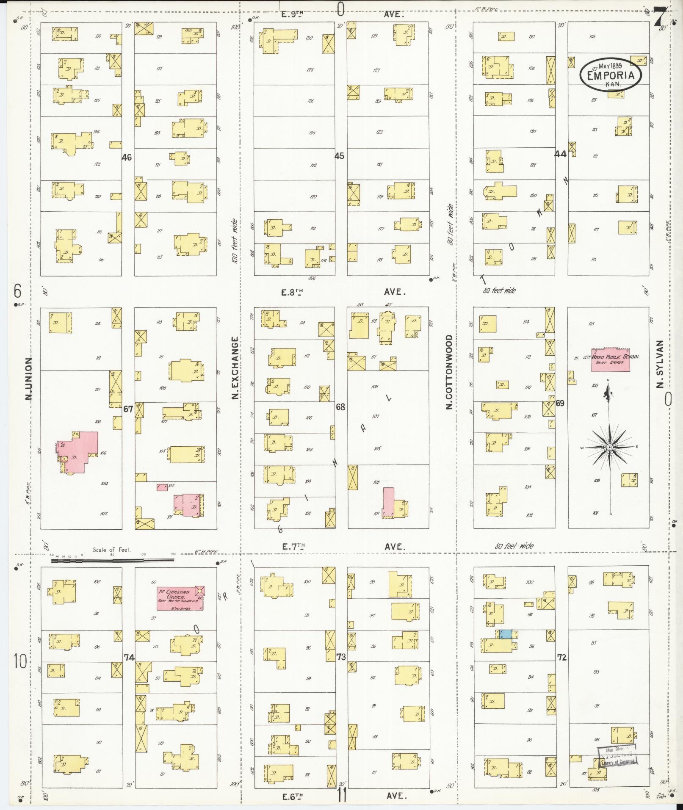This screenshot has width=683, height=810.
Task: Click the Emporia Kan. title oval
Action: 610,75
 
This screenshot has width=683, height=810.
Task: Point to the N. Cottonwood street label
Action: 449,372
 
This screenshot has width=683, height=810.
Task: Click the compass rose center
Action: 609,447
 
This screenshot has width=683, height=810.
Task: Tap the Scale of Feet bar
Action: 112,560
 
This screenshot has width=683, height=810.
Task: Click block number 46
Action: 126,158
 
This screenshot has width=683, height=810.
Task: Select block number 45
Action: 339,156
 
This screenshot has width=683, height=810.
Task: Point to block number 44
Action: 560,155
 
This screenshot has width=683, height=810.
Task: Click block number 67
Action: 128,409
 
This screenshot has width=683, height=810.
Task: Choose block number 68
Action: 340,407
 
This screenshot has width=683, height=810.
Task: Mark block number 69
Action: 560,403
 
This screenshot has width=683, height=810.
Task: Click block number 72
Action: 561,657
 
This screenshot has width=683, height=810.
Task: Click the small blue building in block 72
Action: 505,634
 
